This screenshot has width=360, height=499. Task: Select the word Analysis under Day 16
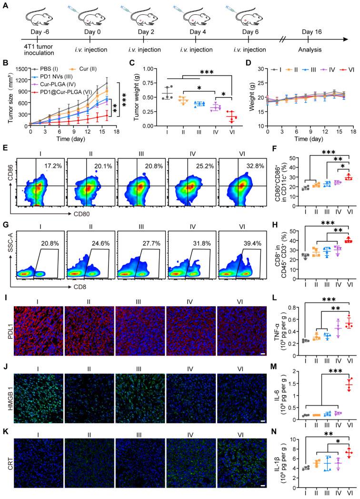pos(312,48)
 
